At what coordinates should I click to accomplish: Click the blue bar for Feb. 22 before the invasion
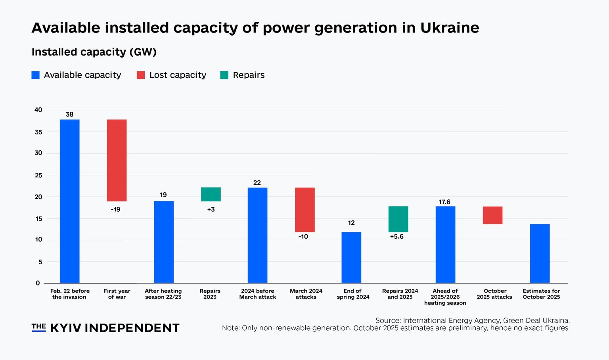coord(70,201)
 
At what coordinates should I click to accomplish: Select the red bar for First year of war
coord(117,160)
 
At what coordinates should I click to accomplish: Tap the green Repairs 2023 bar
coord(211,194)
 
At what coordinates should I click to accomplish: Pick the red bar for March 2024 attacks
coord(304,210)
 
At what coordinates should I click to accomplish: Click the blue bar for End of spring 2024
coord(351,257)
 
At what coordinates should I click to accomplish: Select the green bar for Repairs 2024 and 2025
coord(398,219)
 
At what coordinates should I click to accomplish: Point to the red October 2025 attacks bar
coord(492,215)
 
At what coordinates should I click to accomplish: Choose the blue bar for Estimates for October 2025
coord(540,253)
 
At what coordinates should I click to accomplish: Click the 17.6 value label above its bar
coord(444,202)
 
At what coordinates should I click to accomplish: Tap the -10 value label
coord(303,237)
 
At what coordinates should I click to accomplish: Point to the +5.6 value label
coord(396,237)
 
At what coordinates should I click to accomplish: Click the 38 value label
coord(69,115)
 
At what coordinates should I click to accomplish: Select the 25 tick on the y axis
coord(38,175)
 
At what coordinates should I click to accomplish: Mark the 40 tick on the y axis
coord(38,110)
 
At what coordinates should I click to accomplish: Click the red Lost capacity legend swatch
coord(141,75)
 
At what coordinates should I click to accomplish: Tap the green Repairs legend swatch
coord(224,75)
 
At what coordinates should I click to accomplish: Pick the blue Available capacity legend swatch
coord(36,75)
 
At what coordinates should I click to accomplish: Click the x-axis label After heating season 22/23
coord(163,294)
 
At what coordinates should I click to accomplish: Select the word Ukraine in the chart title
coord(450,28)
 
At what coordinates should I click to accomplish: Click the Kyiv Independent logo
coord(105,328)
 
